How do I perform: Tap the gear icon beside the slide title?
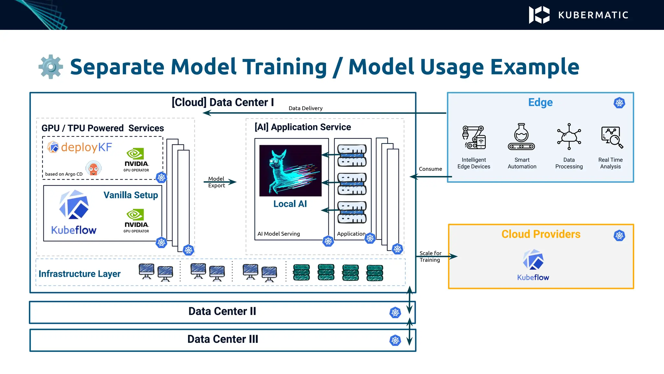coord(51,67)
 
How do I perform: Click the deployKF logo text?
coord(86,147)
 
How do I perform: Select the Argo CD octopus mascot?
coord(93,168)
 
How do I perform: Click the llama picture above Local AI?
coord(290,170)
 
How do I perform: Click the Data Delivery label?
coord(305,108)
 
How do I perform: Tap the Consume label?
coord(430,169)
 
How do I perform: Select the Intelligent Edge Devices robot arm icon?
coord(474,137)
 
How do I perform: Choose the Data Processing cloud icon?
coord(569,136)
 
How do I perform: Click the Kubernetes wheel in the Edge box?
coord(619,103)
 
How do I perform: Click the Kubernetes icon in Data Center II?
coord(395,313)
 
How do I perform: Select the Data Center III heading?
coord(223,339)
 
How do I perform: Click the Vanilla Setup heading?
coord(131,195)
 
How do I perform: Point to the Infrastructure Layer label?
coord(79,274)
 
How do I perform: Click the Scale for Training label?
coord(430,256)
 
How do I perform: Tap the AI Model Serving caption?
coord(279,234)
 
